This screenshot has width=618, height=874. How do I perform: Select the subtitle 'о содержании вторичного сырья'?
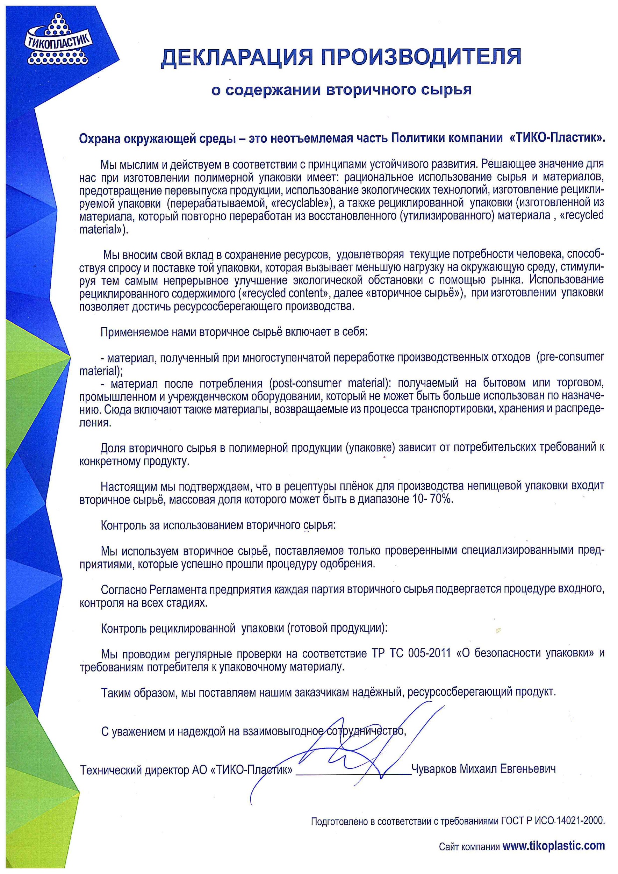click(x=342, y=90)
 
